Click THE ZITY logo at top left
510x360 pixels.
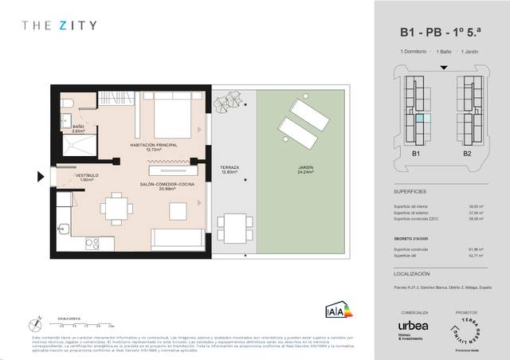click(x=59, y=25)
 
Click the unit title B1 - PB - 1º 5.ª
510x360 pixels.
click(x=441, y=33)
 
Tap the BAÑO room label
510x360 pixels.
click(x=78, y=128)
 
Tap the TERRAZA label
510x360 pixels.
click(x=229, y=169)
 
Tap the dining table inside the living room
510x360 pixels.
click(x=117, y=209)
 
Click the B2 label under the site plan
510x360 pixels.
click(x=467, y=153)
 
